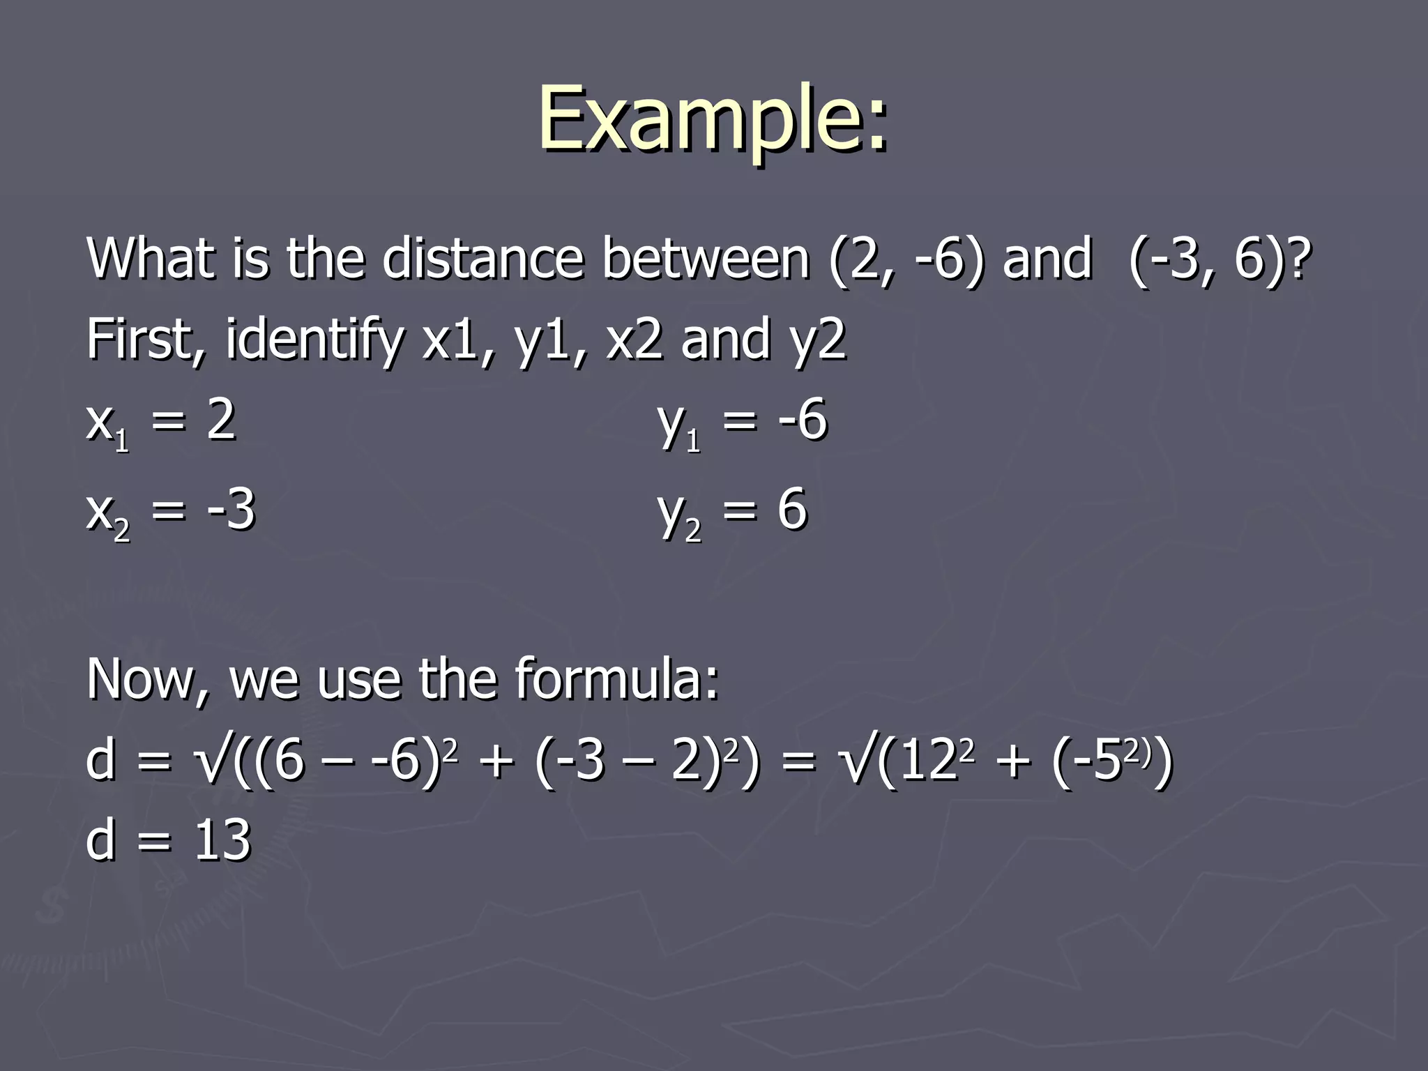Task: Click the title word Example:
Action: click(713, 119)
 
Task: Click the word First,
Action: click(146, 340)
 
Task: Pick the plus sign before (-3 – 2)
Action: click(496, 761)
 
